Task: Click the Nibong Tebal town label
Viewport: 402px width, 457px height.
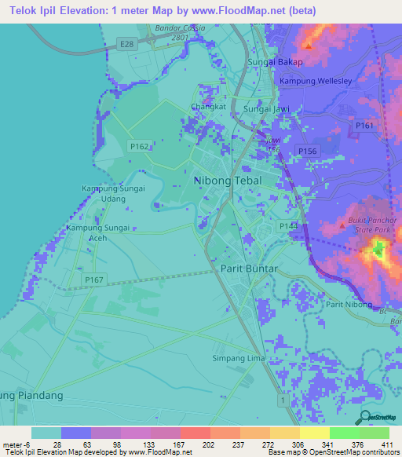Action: [x=228, y=181]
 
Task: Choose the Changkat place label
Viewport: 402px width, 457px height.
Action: [x=208, y=108]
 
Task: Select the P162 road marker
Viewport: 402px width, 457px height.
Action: [x=140, y=146]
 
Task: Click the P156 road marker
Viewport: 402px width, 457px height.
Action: [x=306, y=149]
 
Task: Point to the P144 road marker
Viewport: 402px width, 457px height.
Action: [x=287, y=226]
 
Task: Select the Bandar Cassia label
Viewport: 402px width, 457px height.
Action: [x=180, y=29]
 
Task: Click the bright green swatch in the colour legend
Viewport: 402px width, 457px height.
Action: [x=344, y=433]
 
